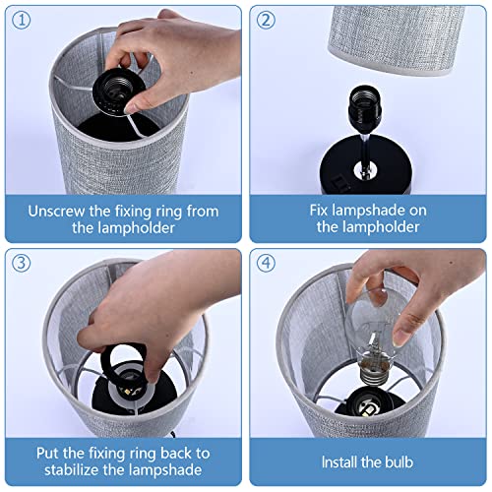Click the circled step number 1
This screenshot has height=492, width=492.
pyautogui.click(x=22, y=21)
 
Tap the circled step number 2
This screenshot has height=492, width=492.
pyautogui.click(x=266, y=21)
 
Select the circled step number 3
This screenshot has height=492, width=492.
pyautogui.click(x=22, y=263)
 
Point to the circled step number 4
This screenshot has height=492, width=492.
pyautogui.click(x=266, y=263)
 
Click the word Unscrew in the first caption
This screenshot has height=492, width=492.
pyautogui.click(x=56, y=212)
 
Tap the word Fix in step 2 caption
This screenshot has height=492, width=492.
pyautogui.click(x=319, y=211)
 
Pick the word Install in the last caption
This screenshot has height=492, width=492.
pyautogui.click(x=339, y=462)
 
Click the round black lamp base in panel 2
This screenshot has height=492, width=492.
pyautogui.click(x=366, y=165)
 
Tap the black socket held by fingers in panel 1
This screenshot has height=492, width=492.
pyautogui.click(x=119, y=92)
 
